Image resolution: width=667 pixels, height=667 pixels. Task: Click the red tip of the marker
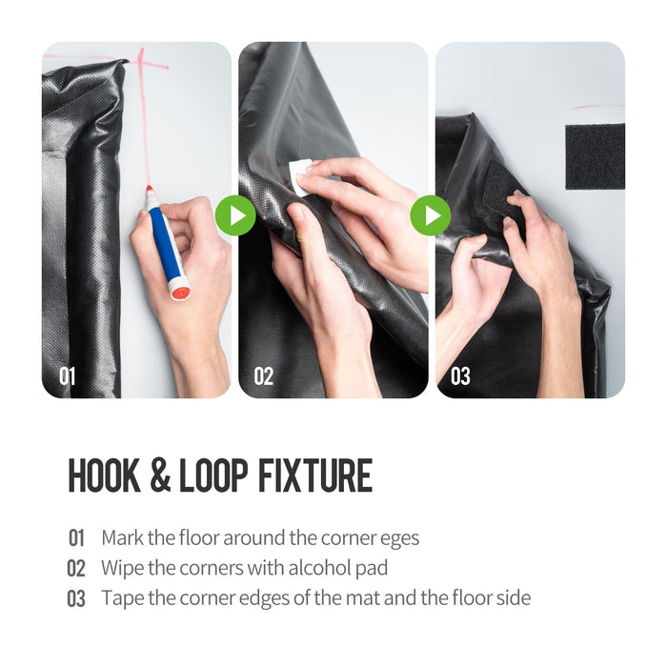(150, 190)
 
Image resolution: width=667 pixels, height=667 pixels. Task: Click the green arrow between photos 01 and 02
(234, 215)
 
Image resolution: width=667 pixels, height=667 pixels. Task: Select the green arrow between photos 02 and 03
(431, 215)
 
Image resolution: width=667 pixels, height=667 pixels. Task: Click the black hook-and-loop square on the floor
(595, 154)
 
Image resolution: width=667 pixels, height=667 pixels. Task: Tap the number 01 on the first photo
(68, 376)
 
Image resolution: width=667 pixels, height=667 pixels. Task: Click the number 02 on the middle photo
(264, 376)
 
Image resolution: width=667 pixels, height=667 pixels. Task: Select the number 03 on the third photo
(460, 376)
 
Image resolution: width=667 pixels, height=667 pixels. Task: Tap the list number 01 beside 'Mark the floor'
(76, 538)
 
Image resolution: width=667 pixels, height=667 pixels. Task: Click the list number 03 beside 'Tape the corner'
(76, 598)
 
